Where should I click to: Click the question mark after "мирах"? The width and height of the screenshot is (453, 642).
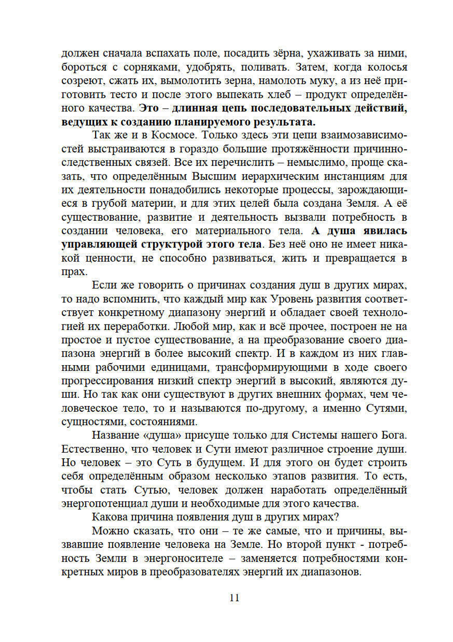[x=337, y=517]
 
